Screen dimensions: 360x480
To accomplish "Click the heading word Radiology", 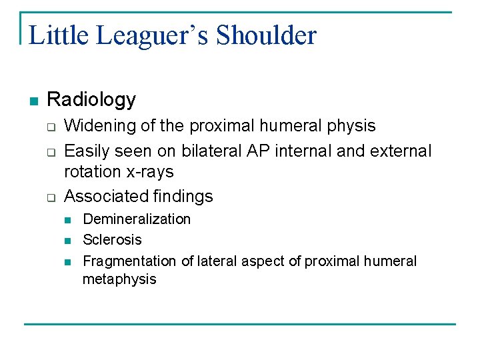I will (x=91, y=100).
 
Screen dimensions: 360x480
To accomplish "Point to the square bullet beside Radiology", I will (x=33, y=101).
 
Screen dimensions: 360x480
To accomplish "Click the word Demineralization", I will (x=136, y=219).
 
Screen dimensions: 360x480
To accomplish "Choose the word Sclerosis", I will (x=112, y=240).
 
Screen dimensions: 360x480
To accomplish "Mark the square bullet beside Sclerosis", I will (x=68, y=241).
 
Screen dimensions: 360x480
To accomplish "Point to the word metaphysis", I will (x=119, y=279).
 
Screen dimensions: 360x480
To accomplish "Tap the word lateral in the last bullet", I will (x=217, y=261).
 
